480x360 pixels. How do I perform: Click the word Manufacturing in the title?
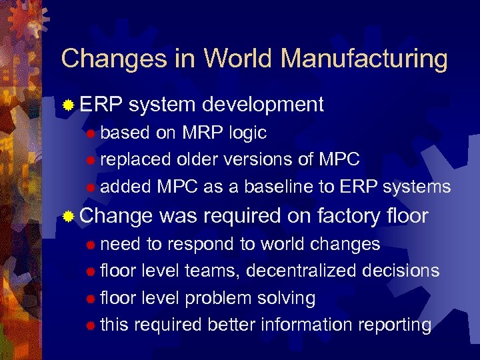pos(364,59)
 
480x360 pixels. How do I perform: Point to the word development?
pos(263,104)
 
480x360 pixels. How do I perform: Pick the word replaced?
pos(136,159)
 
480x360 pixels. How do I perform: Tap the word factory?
pos(350,216)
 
